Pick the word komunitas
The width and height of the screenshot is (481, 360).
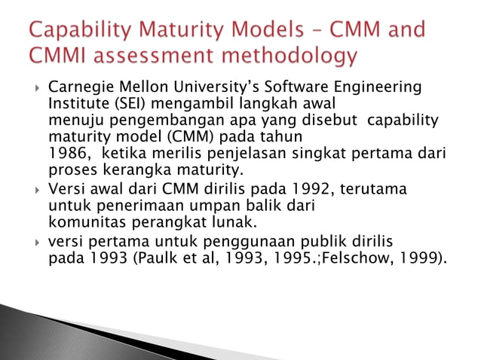pyautogui.click(x=84, y=222)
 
